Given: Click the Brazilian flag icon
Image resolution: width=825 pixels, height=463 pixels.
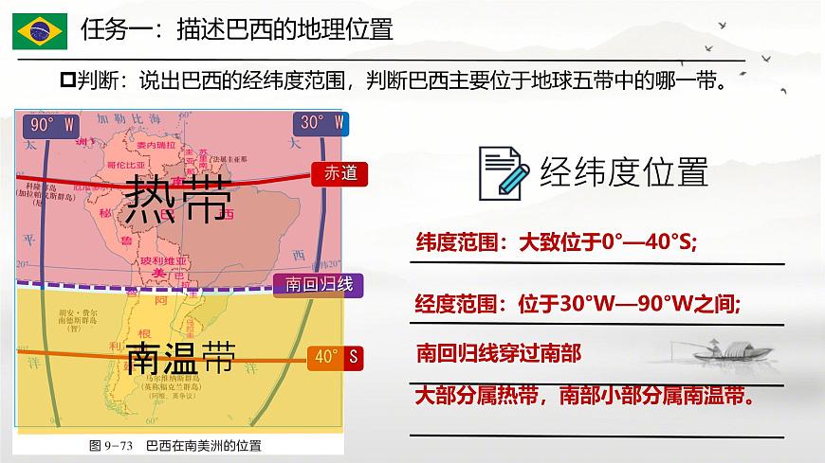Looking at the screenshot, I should pos(39,31).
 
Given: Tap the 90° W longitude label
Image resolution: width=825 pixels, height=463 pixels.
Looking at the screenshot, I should pos(52,124).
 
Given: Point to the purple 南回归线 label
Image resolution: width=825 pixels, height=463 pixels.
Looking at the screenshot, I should pos(313,284).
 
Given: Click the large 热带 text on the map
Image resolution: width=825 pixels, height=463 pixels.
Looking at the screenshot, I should pos(177,198).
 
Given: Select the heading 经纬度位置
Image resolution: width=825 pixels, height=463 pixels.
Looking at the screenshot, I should pos(624,172).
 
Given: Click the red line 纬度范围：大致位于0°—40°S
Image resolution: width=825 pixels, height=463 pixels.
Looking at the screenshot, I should pos(557,243).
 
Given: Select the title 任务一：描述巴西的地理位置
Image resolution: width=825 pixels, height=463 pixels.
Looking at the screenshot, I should pos(237,29).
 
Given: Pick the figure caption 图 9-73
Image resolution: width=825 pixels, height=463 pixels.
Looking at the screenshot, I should pos(175,444).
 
